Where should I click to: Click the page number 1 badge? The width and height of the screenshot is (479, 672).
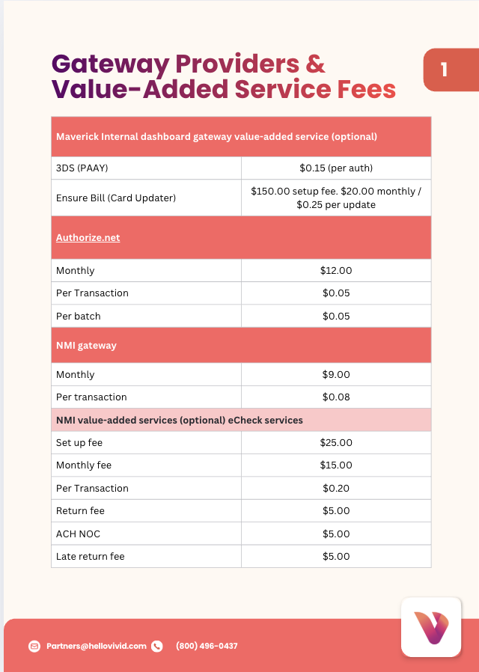(444, 70)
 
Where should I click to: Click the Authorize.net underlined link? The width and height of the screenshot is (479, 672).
(88, 237)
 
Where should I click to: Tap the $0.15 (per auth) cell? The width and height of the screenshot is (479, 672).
(336, 168)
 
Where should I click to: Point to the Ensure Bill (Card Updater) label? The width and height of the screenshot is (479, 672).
(116, 198)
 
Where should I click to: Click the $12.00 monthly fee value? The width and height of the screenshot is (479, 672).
(336, 270)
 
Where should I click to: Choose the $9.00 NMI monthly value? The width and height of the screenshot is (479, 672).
(336, 374)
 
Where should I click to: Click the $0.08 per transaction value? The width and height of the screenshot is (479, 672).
(336, 397)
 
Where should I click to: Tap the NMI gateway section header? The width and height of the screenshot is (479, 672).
(86, 345)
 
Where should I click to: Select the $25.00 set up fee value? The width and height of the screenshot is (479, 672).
(336, 442)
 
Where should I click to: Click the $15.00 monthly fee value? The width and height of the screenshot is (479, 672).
(336, 465)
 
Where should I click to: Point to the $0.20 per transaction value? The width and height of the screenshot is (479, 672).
(336, 488)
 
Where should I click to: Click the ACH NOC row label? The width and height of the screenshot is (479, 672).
(78, 534)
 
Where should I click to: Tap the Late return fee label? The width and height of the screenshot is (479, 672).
(91, 556)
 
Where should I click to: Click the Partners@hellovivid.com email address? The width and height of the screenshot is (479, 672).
(97, 646)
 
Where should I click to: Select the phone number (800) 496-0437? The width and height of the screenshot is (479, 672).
(207, 646)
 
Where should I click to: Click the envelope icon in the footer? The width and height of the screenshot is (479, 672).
(34, 646)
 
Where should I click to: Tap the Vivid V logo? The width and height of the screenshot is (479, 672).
(430, 626)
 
